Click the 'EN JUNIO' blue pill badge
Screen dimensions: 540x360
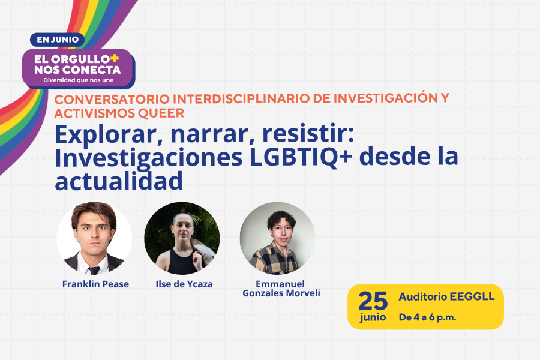pyautogui.click(x=57, y=40)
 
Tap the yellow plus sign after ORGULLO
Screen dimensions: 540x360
pyautogui.click(x=115, y=58)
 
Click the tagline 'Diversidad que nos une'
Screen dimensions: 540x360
pyautogui.click(x=78, y=80)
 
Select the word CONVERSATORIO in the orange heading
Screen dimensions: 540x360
pyautogui.click(x=112, y=99)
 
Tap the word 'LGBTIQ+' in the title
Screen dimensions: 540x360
pyautogui.click(x=301, y=157)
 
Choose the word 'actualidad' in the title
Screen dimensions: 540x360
pyautogui.click(x=119, y=181)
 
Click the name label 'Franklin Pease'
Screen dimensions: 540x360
pyautogui.click(x=95, y=284)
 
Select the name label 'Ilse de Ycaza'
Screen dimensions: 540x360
pyautogui.click(x=184, y=284)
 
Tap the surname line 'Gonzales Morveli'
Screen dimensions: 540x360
pyautogui.click(x=281, y=293)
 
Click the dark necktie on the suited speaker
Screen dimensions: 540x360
pyautogui.click(x=94, y=270)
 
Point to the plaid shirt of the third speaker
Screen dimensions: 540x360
pyautogui.click(x=274, y=259)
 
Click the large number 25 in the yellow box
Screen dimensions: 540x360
pyautogui.click(x=373, y=301)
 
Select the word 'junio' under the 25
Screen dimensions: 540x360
pyautogui.click(x=373, y=317)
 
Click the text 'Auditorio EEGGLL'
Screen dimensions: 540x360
pyautogui.click(x=446, y=296)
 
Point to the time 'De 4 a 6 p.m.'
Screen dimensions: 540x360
pyautogui.click(x=427, y=317)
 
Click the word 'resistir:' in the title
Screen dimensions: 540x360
pyautogui.click(x=308, y=134)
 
